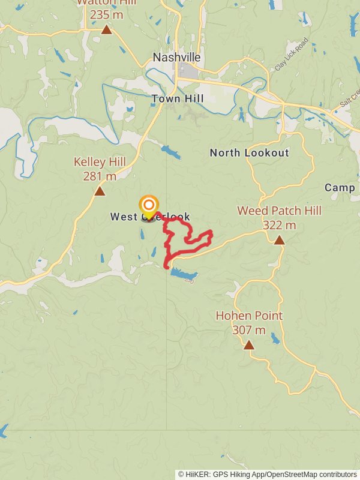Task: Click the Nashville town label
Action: (x=176, y=58)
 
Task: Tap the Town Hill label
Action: (x=178, y=98)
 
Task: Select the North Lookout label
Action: (x=249, y=153)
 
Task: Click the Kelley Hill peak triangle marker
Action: (x=100, y=191)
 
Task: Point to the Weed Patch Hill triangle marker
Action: (x=279, y=240)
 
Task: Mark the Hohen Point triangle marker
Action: (x=249, y=345)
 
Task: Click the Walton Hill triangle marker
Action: (x=106, y=29)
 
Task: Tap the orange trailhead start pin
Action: (x=148, y=205)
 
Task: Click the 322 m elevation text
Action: (x=279, y=226)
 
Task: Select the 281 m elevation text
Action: (x=100, y=176)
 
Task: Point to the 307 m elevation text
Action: (x=249, y=330)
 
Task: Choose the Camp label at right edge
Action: (x=340, y=188)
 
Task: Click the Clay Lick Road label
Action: (x=292, y=55)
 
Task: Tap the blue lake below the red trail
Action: (x=184, y=274)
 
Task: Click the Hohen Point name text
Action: (x=249, y=316)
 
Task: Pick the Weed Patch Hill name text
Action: (x=279, y=211)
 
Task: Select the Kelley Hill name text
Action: (x=100, y=162)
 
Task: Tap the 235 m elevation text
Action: (x=106, y=15)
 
